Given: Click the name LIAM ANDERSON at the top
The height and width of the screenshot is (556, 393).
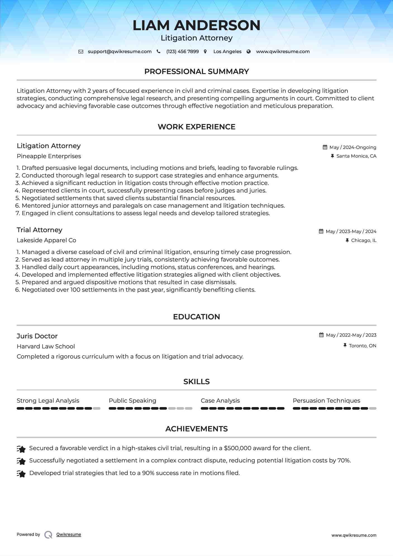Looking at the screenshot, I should [x=196, y=25].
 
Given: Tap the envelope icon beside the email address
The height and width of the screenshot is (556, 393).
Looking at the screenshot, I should [x=81, y=52].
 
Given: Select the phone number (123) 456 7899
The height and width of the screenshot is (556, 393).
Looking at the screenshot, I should [x=182, y=52].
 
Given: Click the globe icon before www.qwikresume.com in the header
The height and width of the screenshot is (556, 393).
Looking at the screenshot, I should [x=249, y=52].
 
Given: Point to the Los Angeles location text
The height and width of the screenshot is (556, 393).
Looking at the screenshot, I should [x=227, y=52].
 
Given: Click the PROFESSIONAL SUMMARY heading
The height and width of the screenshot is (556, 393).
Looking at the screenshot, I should [x=196, y=72].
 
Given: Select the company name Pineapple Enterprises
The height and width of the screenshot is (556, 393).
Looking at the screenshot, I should [x=49, y=156].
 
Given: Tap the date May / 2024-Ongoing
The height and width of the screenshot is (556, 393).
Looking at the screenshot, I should [x=353, y=147].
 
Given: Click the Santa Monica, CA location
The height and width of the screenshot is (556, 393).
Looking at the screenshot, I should [x=356, y=156].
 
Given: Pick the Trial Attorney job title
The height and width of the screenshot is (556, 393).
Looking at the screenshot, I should [x=39, y=230].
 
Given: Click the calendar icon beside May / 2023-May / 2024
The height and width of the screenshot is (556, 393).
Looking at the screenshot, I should [x=321, y=231].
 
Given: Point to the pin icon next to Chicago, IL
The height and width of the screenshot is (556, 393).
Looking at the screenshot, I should [x=347, y=240].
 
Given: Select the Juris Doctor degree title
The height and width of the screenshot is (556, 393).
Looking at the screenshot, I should [x=37, y=336].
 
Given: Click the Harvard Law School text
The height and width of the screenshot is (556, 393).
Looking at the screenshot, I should [x=46, y=346].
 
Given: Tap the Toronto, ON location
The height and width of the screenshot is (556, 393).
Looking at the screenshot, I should [x=363, y=346].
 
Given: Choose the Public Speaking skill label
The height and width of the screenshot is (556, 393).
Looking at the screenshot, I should [x=132, y=401].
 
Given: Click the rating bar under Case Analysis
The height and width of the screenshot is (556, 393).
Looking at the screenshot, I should [x=242, y=408].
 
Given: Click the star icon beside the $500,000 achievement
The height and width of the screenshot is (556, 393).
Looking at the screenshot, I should [x=21, y=449].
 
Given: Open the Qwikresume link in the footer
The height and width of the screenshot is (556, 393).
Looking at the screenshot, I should [x=69, y=534].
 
